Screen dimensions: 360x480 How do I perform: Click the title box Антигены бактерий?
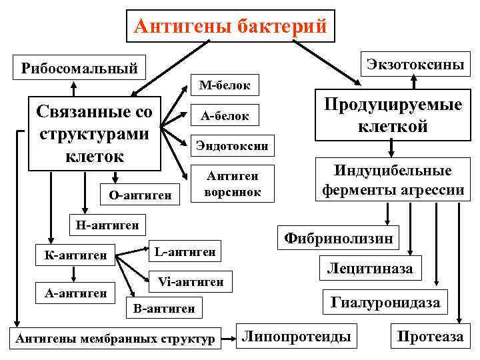pyautogui.click(x=231, y=26)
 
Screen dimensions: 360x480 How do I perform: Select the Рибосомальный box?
pyautogui.click(x=79, y=68)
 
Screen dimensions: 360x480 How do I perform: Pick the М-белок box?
pyautogui.click(x=225, y=86)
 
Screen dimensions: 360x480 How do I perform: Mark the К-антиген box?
pyautogui.click(x=75, y=255)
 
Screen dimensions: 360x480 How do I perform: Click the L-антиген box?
pyautogui.click(x=184, y=251)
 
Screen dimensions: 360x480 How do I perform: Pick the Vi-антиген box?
pyautogui.click(x=191, y=281)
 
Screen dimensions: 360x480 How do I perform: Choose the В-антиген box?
pyautogui.click(x=164, y=309)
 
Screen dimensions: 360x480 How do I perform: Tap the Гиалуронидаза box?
pyautogui.click(x=385, y=303)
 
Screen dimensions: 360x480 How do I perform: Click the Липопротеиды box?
pyautogui.click(x=296, y=337)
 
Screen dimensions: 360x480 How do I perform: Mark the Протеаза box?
pyautogui.click(x=429, y=337)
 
